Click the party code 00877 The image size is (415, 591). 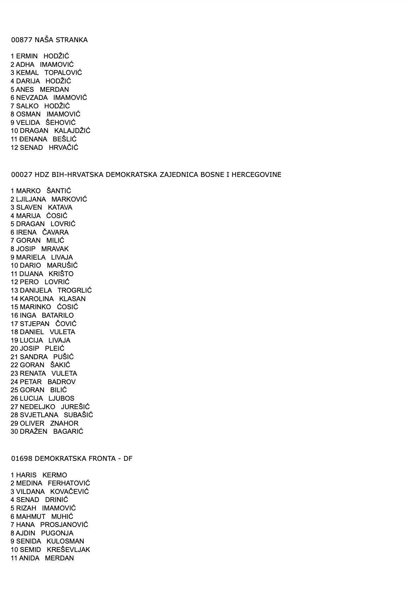(x=22, y=40)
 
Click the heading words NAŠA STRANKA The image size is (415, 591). (x=61, y=40)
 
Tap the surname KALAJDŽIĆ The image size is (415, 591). (x=72, y=131)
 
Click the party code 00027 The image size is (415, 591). (x=22, y=175)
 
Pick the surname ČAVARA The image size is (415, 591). (x=55, y=233)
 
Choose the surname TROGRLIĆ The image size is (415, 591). (x=75, y=291)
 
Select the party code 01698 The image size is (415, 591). (x=22, y=459)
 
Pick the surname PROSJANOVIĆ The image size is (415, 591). (x=64, y=525)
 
